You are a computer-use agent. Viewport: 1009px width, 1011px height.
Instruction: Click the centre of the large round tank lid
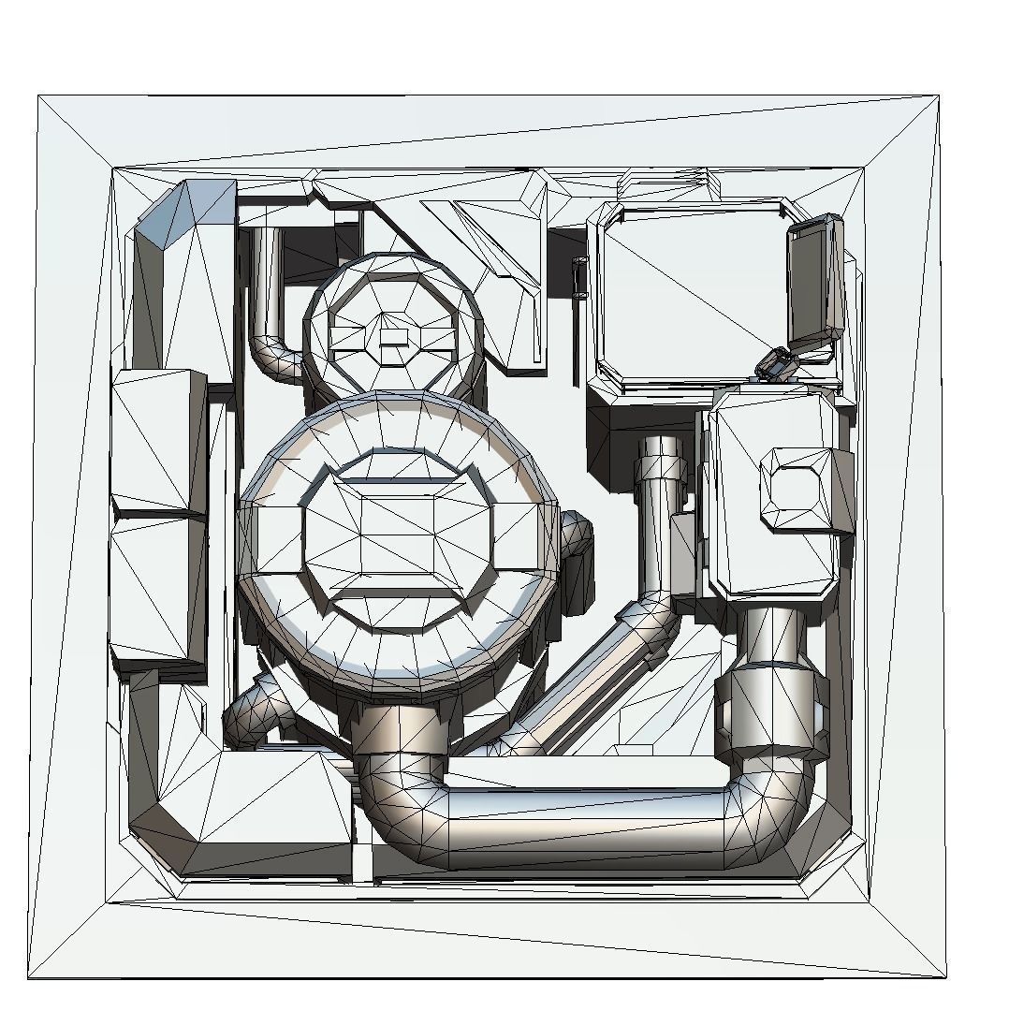tap(397, 541)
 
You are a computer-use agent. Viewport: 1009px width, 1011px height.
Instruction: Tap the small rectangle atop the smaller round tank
tap(393, 337)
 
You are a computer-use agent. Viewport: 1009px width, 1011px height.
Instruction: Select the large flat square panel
tap(693, 295)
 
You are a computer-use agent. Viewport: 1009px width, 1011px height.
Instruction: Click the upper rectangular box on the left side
tap(159, 440)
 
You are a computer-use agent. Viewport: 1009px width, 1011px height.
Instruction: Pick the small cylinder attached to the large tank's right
tap(578, 562)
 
